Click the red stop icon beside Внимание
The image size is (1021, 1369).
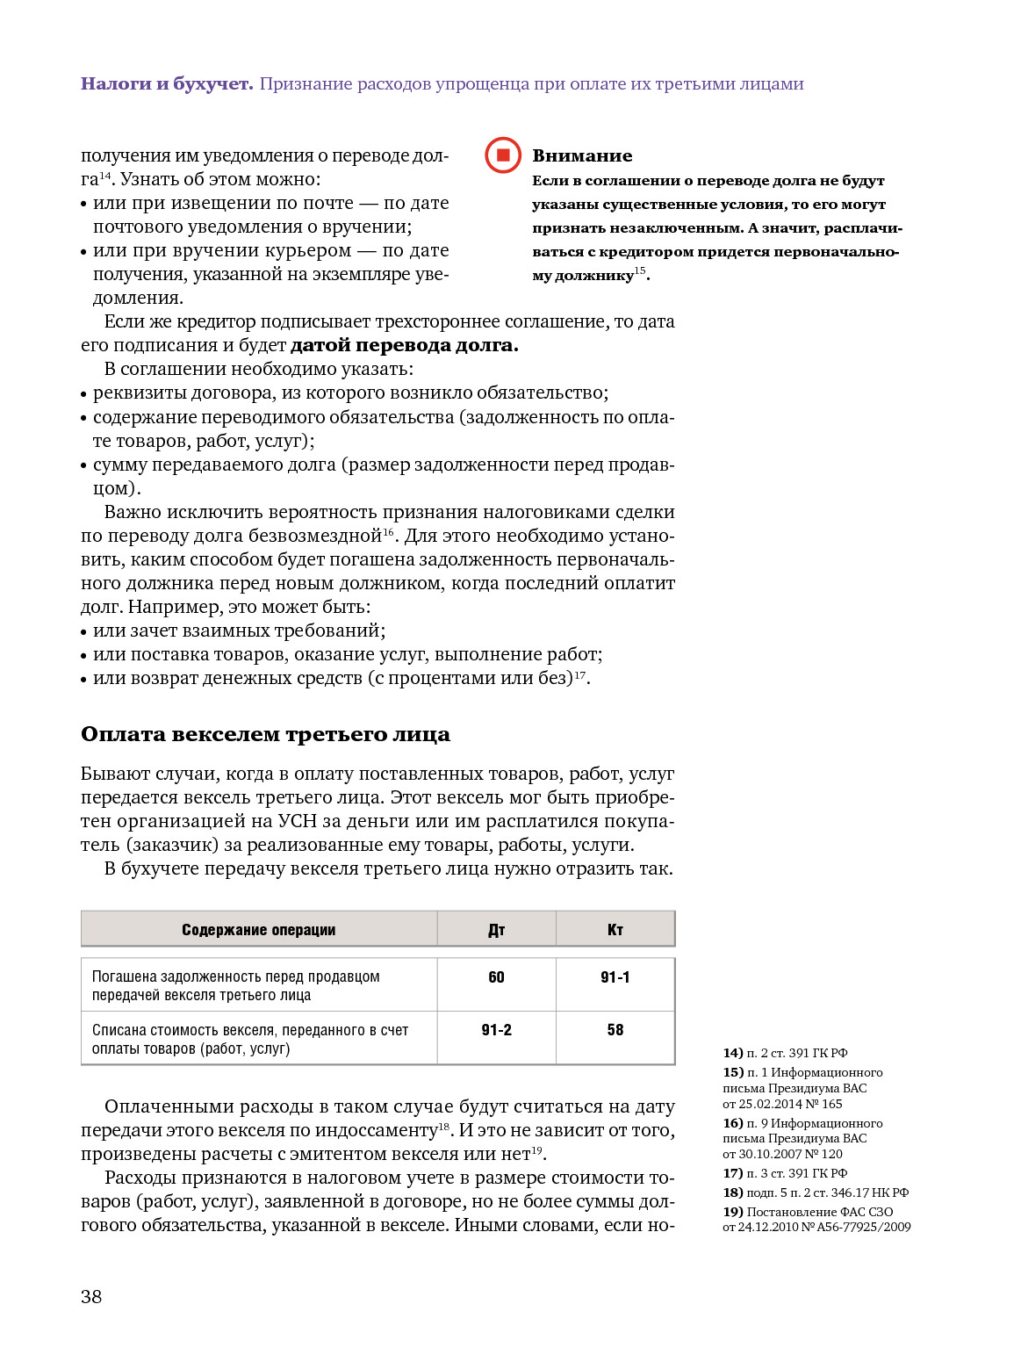click(x=503, y=155)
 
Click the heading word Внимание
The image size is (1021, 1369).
click(x=582, y=156)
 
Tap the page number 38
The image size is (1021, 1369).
click(x=91, y=1297)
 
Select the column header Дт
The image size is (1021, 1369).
click(x=496, y=930)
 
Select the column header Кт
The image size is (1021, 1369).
click(x=615, y=930)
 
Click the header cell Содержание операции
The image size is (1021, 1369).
click(x=258, y=930)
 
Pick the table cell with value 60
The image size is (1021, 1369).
click(x=496, y=977)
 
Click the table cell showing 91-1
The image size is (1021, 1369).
click(x=615, y=977)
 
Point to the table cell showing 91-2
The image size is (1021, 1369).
click(x=496, y=1030)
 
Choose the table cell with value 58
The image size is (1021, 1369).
click(x=615, y=1030)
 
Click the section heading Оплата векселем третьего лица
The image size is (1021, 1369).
click(x=265, y=734)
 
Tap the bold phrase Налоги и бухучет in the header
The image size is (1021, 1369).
click(x=167, y=84)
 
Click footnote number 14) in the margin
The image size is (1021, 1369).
click(x=733, y=1053)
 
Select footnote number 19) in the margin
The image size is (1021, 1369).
click(x=733, y=1212)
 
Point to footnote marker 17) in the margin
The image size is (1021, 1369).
click(x=733, y=1173)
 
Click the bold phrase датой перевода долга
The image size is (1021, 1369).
click(x=404, y=345)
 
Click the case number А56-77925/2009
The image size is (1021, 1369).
click(x=864, y=1227)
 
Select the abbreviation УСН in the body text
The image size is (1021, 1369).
click(x=297, y=821)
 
